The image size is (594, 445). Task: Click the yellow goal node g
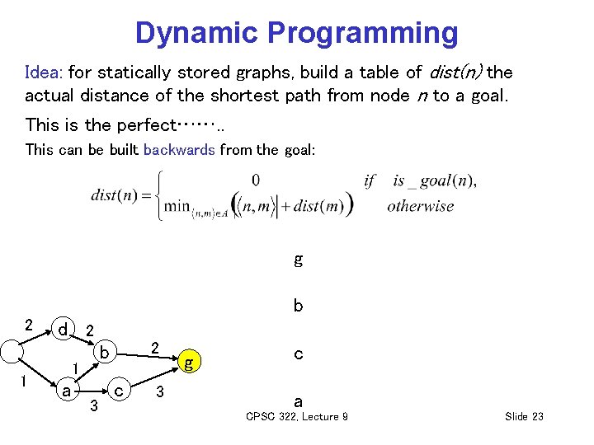tap(190, 361)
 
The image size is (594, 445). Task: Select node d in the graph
tap(62, 329)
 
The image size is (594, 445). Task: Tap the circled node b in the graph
tap(104, 353)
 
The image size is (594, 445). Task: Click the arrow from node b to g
tap(148, 354)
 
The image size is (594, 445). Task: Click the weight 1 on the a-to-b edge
tap(74, 367)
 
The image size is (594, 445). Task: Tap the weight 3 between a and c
tap(94, 405)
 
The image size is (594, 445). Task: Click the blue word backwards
tap(179, 150)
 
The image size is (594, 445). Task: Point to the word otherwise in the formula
tap(420, 205)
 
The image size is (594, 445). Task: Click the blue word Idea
tap(41, 72)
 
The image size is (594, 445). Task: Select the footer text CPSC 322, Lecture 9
tap(296, 417)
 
